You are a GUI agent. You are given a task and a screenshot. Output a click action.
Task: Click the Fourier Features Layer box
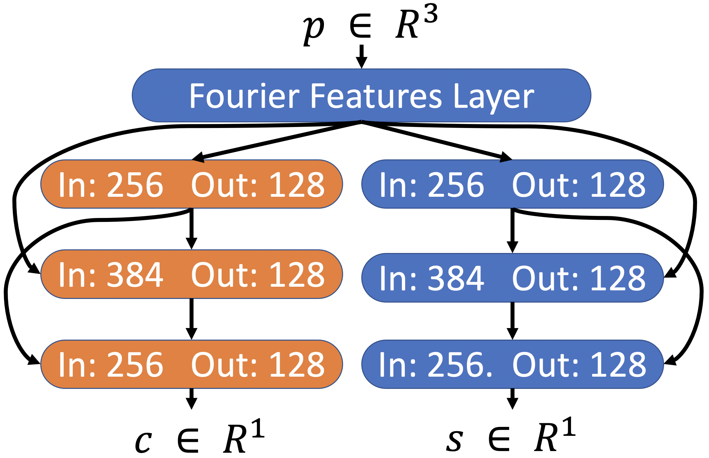pos(361,95)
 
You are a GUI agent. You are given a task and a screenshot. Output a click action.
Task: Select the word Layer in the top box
pos(494,97)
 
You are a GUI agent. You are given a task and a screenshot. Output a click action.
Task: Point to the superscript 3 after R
pos(431,14)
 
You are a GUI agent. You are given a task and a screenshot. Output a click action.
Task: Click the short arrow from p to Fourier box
pos(362,56)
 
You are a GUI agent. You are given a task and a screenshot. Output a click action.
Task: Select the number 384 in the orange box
pos(135,274)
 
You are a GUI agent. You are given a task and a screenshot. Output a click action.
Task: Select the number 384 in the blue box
pos(456,278)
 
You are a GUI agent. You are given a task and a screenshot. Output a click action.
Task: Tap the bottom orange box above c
pos(192,364)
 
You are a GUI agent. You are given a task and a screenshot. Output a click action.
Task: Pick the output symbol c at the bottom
pos(144,441)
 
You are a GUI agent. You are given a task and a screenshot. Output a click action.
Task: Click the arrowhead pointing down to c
pos(192,403)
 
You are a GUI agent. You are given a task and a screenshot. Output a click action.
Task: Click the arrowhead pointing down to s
pos(512,403)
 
